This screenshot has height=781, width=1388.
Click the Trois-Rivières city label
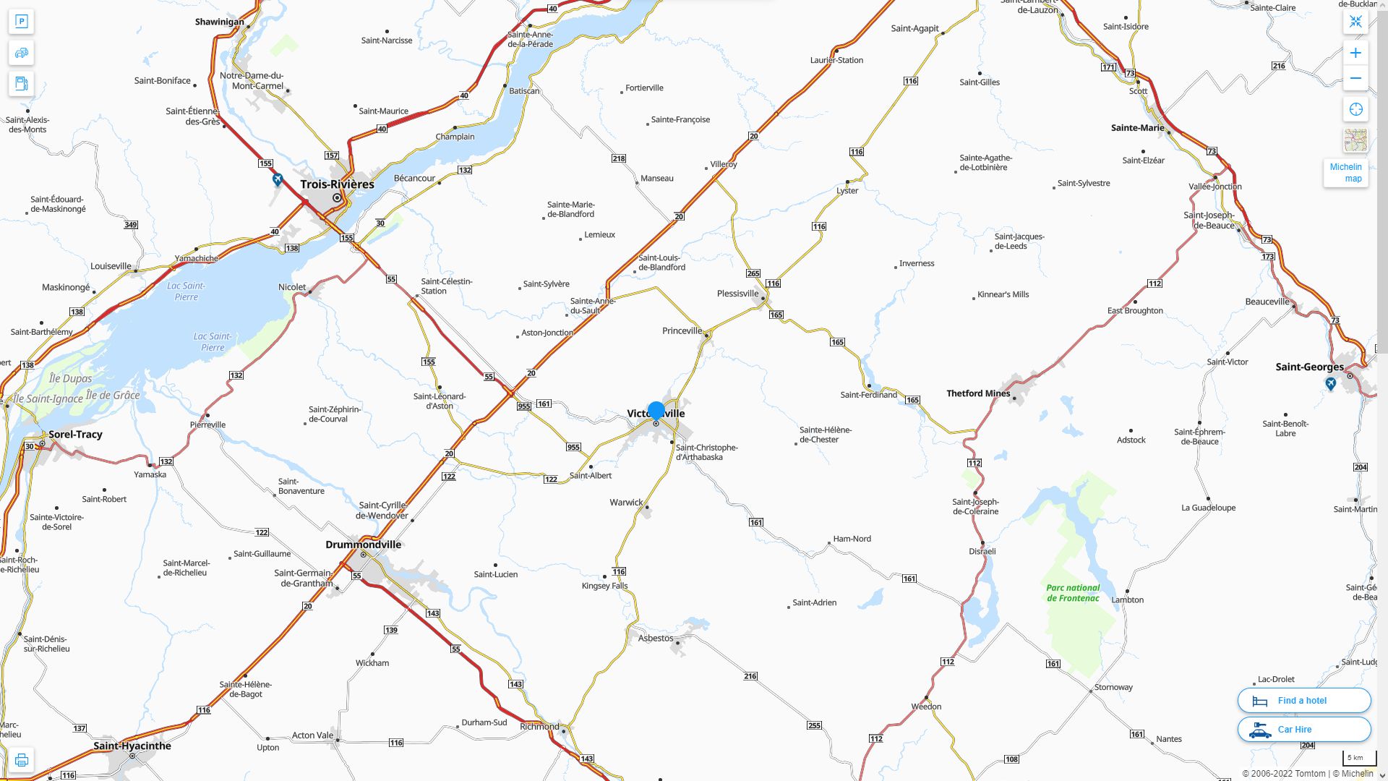point(337,184)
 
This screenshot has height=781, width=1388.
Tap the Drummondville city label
point(363,545)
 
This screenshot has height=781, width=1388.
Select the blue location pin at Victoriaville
point(656,411)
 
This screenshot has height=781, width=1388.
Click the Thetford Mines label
point(978,393)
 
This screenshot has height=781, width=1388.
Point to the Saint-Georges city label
point(1309,367)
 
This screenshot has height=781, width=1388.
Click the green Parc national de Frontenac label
point(1073,593)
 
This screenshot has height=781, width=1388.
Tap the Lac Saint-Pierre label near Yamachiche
point(186,291)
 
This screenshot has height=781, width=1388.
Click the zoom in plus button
point(1355,53)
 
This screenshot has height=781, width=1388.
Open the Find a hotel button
point(1303,700)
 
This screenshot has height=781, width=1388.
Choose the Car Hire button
point(1303,729)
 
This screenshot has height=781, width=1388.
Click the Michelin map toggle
point(1345,172)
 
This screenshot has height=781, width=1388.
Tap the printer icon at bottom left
point(22,760)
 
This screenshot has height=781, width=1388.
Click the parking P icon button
point(22,22)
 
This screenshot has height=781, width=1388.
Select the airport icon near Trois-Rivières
point(278,179)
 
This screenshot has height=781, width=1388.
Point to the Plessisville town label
point(737,293)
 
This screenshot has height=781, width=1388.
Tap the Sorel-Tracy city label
point(75,434)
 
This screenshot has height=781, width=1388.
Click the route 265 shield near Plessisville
point(753,273)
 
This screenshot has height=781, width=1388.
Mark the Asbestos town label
point(655,638)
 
